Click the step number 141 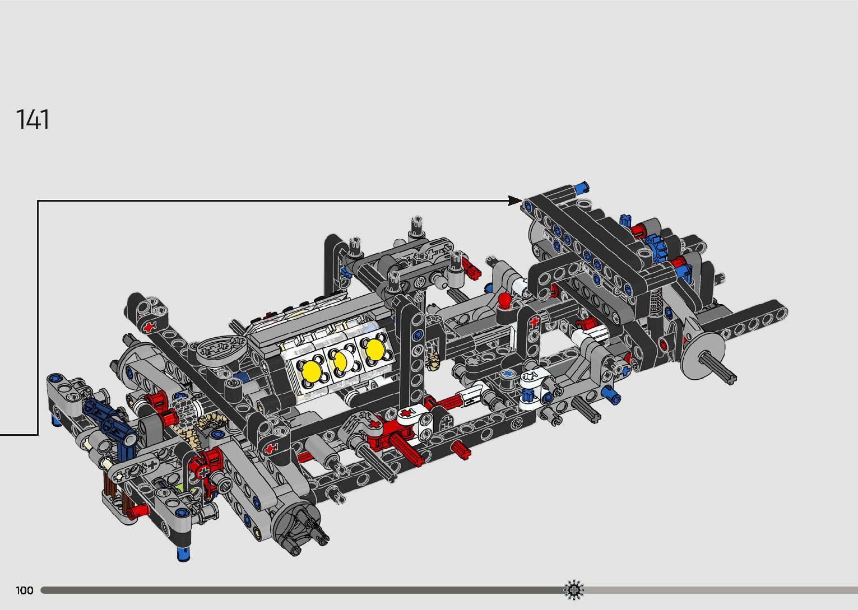point(33,119)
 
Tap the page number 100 point(25,590)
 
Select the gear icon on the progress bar point(574,590)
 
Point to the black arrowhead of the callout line point(515,201)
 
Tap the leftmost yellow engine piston point(312,370)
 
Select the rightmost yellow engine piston point(375,349)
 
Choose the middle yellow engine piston point(340,360)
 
